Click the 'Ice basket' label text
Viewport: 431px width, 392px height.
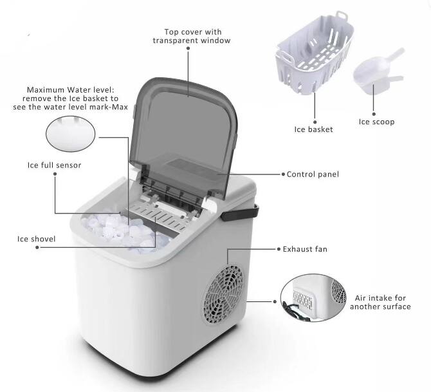click(313, 129)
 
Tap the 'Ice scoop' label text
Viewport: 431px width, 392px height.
click(376, 122)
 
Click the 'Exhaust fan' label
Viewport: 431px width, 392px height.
click(304, 248)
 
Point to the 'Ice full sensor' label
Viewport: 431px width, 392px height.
click(54, 165)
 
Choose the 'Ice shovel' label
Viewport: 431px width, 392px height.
click(36, 239)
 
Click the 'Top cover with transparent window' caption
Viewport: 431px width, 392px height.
click(191, 35)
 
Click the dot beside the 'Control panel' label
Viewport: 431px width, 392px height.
click(282, 174)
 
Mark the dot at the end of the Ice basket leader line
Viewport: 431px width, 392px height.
click(315, 120)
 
